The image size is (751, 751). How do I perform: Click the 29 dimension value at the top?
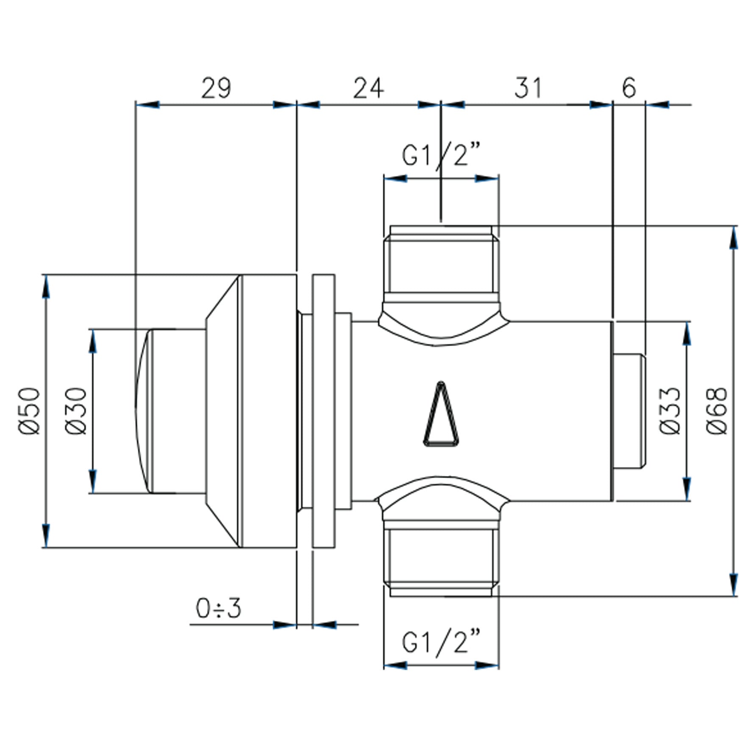216,88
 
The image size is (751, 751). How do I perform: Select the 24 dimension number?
369,88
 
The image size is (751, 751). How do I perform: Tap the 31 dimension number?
528,88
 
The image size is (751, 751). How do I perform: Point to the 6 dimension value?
629,88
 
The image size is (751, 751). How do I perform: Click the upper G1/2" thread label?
441,155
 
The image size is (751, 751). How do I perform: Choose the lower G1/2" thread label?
441,643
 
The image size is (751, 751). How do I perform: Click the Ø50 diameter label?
30,411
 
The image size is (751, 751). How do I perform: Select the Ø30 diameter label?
76,411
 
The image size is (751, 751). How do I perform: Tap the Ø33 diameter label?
670,411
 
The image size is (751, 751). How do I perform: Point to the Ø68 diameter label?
717,411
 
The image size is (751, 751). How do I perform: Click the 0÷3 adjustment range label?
218,609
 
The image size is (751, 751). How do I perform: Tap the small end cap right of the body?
630,411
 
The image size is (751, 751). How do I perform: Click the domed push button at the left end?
170,411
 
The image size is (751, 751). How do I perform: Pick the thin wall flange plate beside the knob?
323,411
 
